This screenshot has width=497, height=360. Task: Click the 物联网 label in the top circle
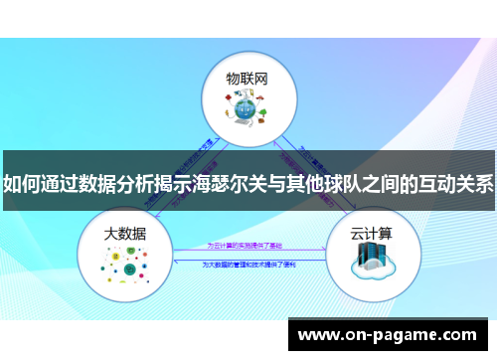click(248, 77)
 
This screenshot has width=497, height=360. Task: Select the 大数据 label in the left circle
click(125, 235)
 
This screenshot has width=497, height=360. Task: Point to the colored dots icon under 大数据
click(125, 268)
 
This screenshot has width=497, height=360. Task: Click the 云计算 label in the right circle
click(371, 235)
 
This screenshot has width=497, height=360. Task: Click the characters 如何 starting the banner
click(22, 183)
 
